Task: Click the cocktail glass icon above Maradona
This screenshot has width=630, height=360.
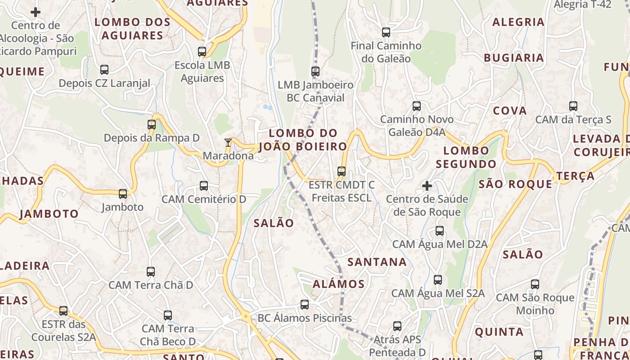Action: tap(228, 143)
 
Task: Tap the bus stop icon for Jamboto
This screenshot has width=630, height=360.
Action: tap(123, 194)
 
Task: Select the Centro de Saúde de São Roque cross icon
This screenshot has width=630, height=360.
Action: tap(427, 185)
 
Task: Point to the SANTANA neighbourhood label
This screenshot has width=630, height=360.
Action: tap(377, 262)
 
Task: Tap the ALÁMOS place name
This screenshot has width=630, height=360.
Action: tap(338, 284)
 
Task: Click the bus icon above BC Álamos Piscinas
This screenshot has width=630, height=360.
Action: tap(305, 305)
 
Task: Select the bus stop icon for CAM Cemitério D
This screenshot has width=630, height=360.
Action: tap(204, 186)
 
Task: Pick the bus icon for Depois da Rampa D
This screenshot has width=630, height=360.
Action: tap(152, 125)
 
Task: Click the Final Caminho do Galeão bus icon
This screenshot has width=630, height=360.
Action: tap(386, 32)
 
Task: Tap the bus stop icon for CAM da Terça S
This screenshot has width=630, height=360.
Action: tap(573, 106)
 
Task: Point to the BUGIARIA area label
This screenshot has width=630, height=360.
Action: tap(514, 58)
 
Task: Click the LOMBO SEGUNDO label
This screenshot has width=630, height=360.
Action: tap(466, 157)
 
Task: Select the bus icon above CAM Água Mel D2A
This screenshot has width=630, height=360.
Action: tap(440, 231)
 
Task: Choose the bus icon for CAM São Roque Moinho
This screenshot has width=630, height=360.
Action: tap(535, 284)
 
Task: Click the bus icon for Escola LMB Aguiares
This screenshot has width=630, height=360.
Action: tap(202, 52)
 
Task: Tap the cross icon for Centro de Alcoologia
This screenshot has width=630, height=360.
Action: tap(36, 12)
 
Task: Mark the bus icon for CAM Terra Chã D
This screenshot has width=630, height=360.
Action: tap(151, 272)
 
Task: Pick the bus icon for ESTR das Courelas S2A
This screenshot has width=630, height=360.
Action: tap(63, 311)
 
